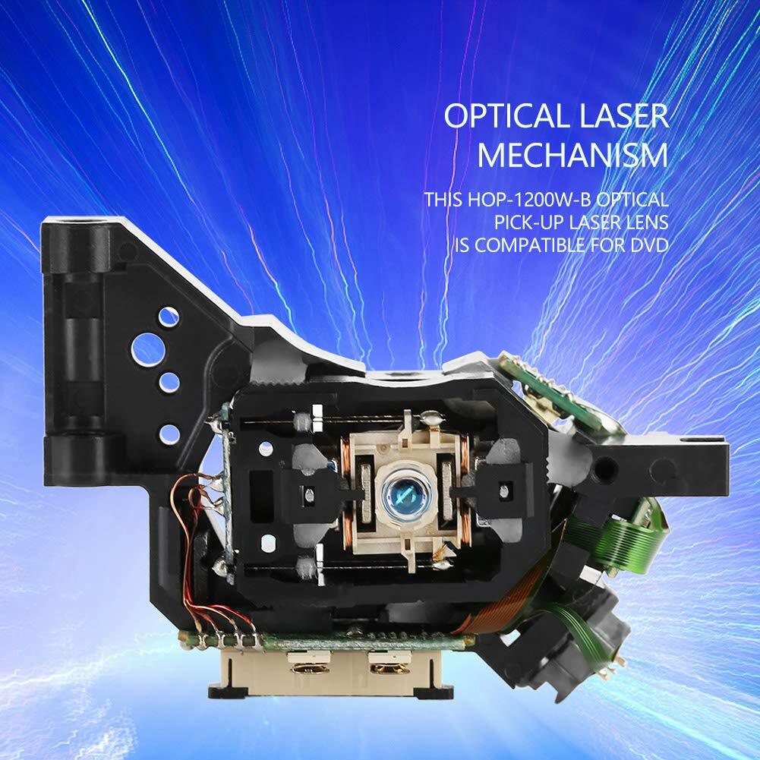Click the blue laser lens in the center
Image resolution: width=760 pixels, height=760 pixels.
click(x=399, y=495)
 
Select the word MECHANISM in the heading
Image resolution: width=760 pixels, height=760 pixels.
click(x=573, y=155)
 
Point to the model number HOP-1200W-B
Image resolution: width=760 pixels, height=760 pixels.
click(x=529, y=199)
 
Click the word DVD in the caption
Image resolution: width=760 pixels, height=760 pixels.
click(x=649, y=245)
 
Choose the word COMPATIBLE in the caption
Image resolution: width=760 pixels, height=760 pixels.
click(x=530, y=245)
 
